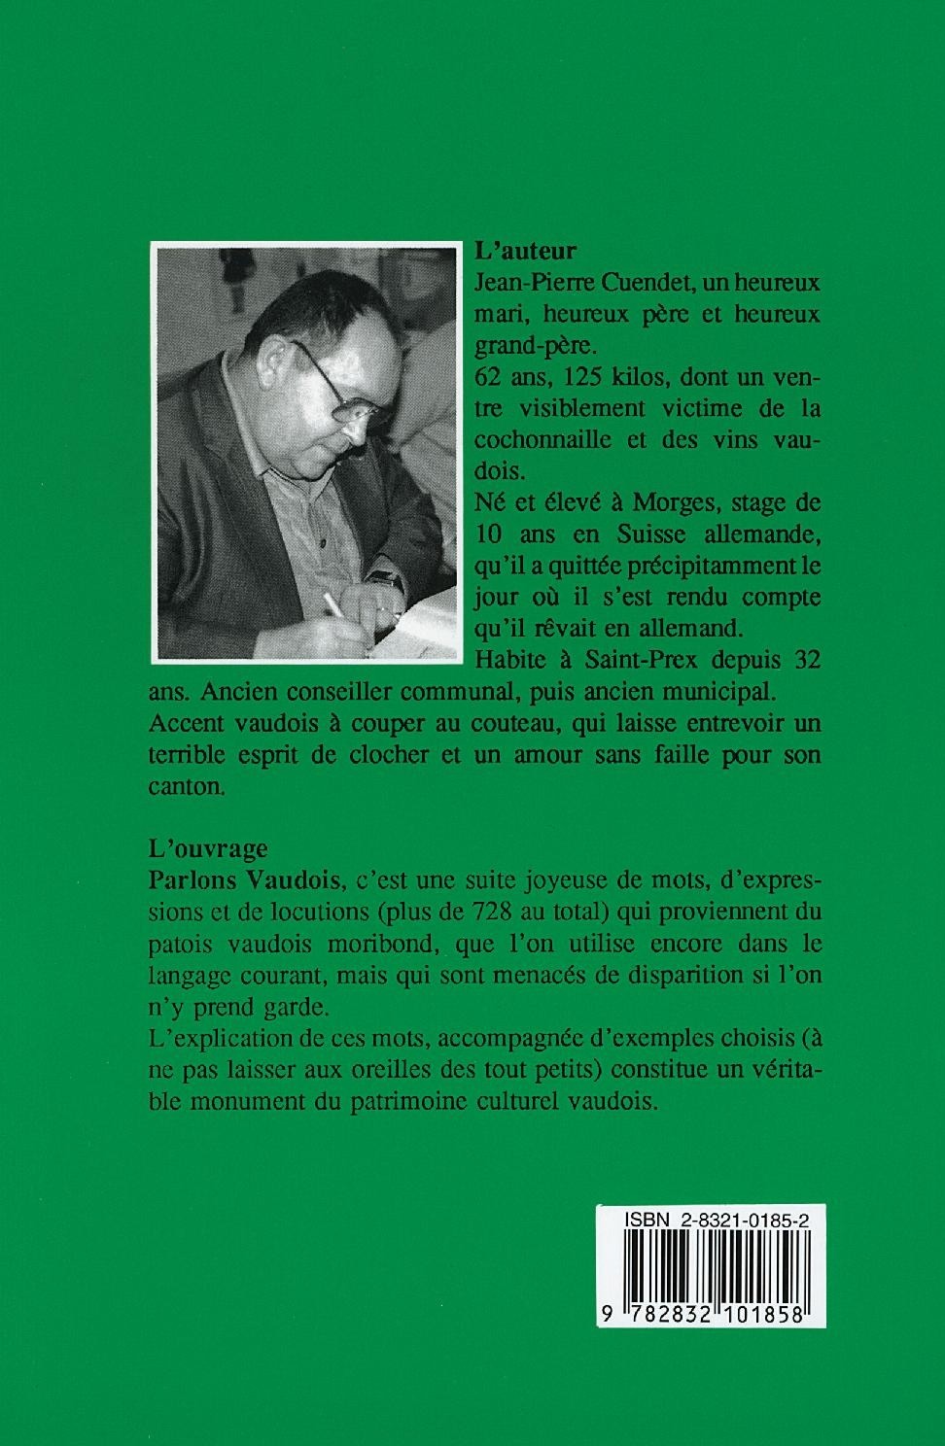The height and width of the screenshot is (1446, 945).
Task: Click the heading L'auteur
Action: pos(523,251)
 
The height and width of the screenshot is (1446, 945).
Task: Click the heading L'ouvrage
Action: pos(208,848)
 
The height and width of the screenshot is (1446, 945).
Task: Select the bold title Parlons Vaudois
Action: pos(245,880)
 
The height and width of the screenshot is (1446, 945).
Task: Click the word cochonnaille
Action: pos(541,438)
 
